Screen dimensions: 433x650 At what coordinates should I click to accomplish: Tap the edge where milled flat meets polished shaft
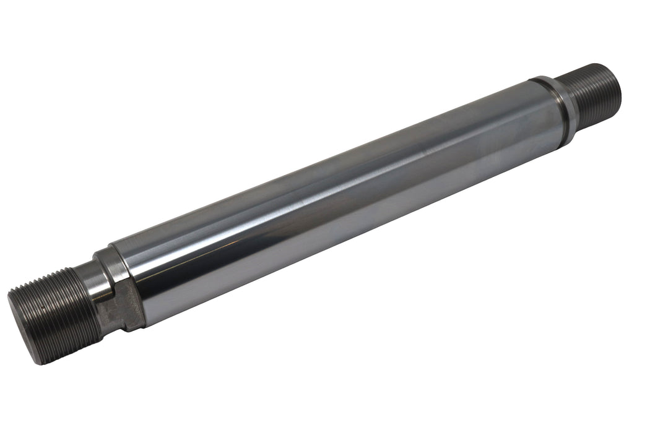(141, 303)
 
